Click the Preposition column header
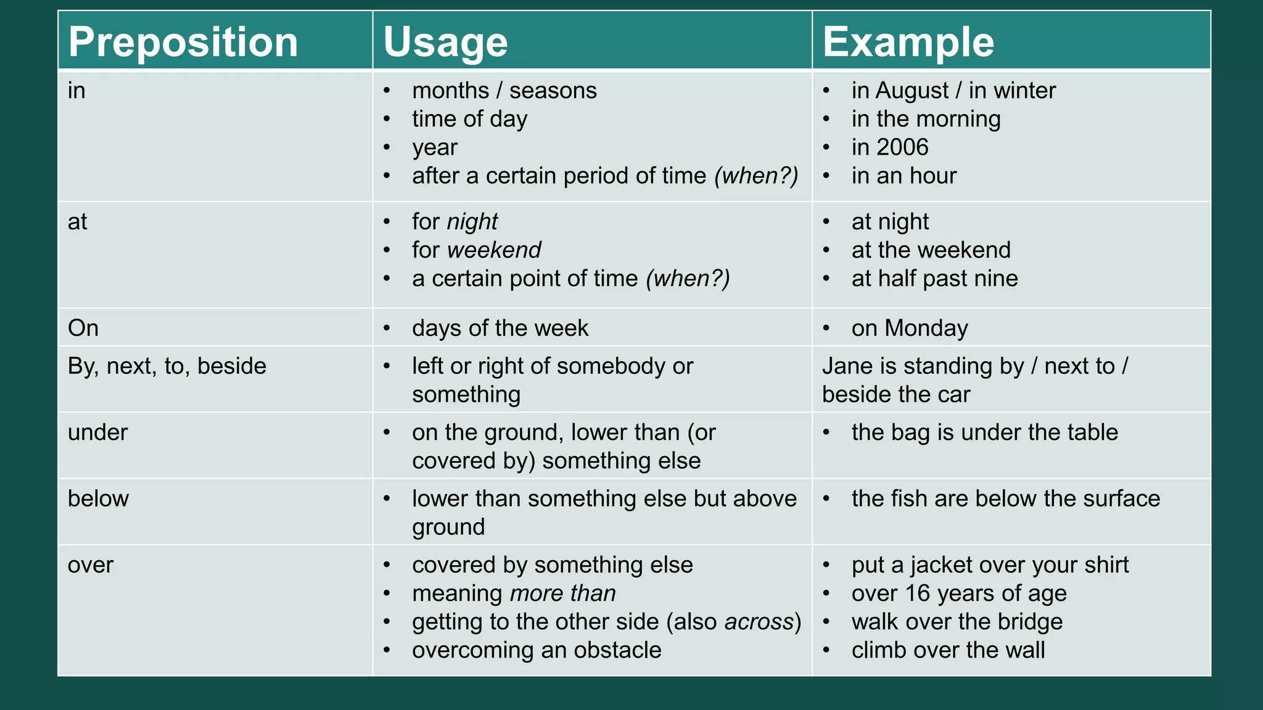pos(183,42)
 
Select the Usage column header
pos(445,42)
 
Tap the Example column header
pos(908,42)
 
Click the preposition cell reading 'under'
pos(97,432)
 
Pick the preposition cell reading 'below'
pos(98,498)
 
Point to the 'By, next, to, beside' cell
pos(167,366)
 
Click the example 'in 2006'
pos(889,147)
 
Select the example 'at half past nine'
pos(934,279)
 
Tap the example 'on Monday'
pos(910,328)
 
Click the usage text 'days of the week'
pos(500,328)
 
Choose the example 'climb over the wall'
pos(948,650)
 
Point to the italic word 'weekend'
pos(494,250)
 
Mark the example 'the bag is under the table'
pos(984,432)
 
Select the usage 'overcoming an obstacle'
pos(537,650)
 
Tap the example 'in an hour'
pos(903,176)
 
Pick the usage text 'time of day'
pos(469,119)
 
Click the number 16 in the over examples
pos(918,594)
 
